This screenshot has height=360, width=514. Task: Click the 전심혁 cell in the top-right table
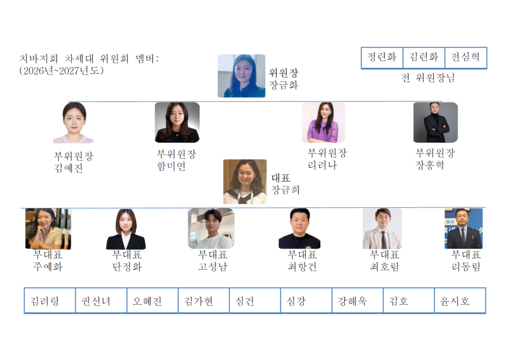point(466,57)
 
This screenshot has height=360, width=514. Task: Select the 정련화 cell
point(382,57)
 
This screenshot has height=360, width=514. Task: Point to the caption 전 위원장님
point(428,78)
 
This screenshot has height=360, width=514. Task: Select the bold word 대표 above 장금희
point(281,178)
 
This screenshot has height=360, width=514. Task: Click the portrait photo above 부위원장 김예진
point(74,123)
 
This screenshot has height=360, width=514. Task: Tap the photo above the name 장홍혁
point(435,123)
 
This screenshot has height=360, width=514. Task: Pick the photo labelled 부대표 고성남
point(211,228)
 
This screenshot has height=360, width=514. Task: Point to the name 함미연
point(172,166)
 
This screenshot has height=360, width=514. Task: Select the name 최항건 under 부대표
point(302,267)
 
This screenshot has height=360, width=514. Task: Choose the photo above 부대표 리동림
point(463,228)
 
